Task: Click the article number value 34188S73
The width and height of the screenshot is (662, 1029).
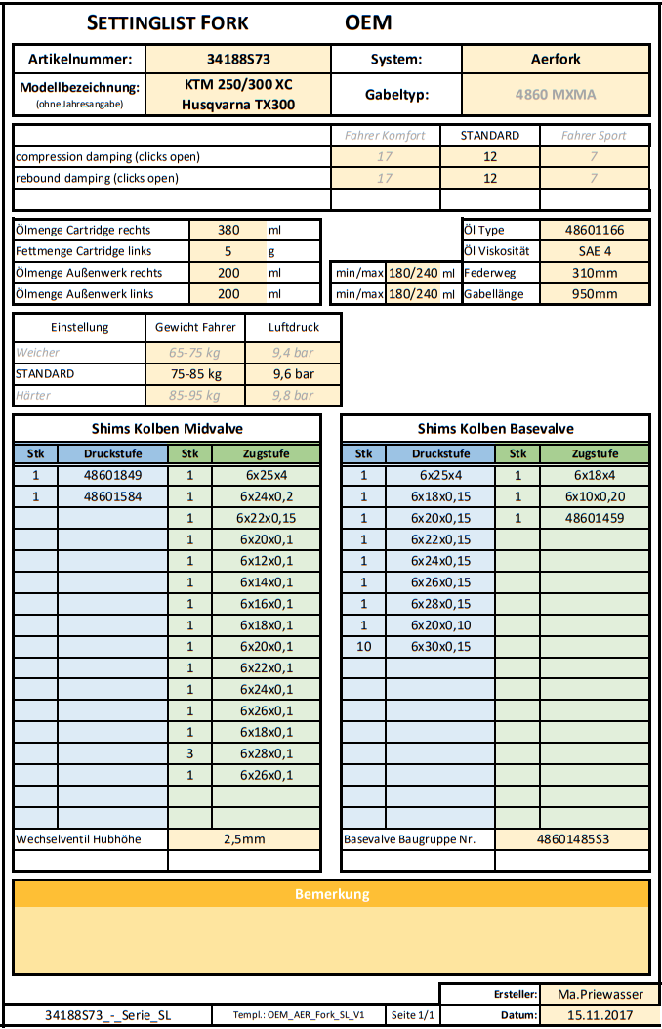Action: [238, 59]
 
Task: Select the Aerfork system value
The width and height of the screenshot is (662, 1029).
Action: [555, 59]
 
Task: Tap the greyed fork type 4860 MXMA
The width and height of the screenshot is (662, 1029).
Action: [555, 95]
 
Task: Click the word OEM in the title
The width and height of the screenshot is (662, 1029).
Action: [368, 22]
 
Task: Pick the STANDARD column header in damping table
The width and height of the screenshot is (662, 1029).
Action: [489, 136]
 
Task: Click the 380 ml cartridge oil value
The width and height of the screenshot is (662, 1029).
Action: [228, 231]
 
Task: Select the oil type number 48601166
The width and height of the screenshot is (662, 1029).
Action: [595, 231]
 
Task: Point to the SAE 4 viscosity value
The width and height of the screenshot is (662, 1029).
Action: [595, 251]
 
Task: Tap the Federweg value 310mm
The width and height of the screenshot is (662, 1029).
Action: [595, 273]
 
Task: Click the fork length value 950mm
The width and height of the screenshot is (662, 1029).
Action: [595, 294]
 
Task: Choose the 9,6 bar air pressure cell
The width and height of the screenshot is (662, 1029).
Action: [293, 373]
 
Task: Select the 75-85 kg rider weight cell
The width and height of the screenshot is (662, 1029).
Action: [195, 373]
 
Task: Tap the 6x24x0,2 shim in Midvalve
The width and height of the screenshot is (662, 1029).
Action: [266, 496]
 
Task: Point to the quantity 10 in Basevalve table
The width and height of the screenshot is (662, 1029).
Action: [363, 647]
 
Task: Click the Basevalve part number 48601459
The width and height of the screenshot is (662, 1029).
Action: [594, 518]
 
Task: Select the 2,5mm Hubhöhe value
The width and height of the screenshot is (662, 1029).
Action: [244, 839]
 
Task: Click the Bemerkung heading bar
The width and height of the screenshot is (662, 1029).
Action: [331, 894]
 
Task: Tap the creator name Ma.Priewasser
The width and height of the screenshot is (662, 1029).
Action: [595, 994]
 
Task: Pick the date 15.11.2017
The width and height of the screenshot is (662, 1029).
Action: [595, 1015]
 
